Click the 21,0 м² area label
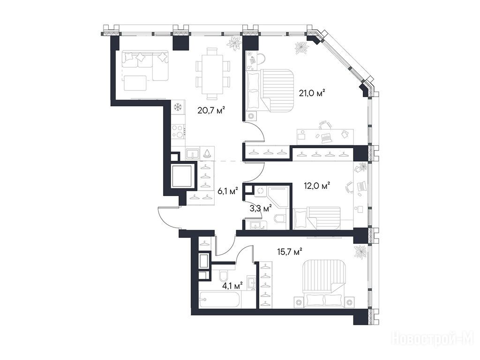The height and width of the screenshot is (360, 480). click(x=312, y=93)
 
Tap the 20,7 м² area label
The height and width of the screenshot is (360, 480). click(x=211, y=110)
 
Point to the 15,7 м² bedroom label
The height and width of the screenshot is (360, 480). click(x=290, y=252)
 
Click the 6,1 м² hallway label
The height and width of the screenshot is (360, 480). click(x=228, y=192)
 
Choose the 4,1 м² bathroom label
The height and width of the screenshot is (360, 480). click(x=232, y=286)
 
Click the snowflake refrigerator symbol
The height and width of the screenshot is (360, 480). click(x=178, y=107)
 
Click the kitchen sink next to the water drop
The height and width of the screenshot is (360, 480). click(x=193, y=153)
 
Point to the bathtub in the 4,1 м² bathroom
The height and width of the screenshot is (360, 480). click(x=219, y=300)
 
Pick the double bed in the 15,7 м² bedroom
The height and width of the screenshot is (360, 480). click(x=324, y=283)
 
